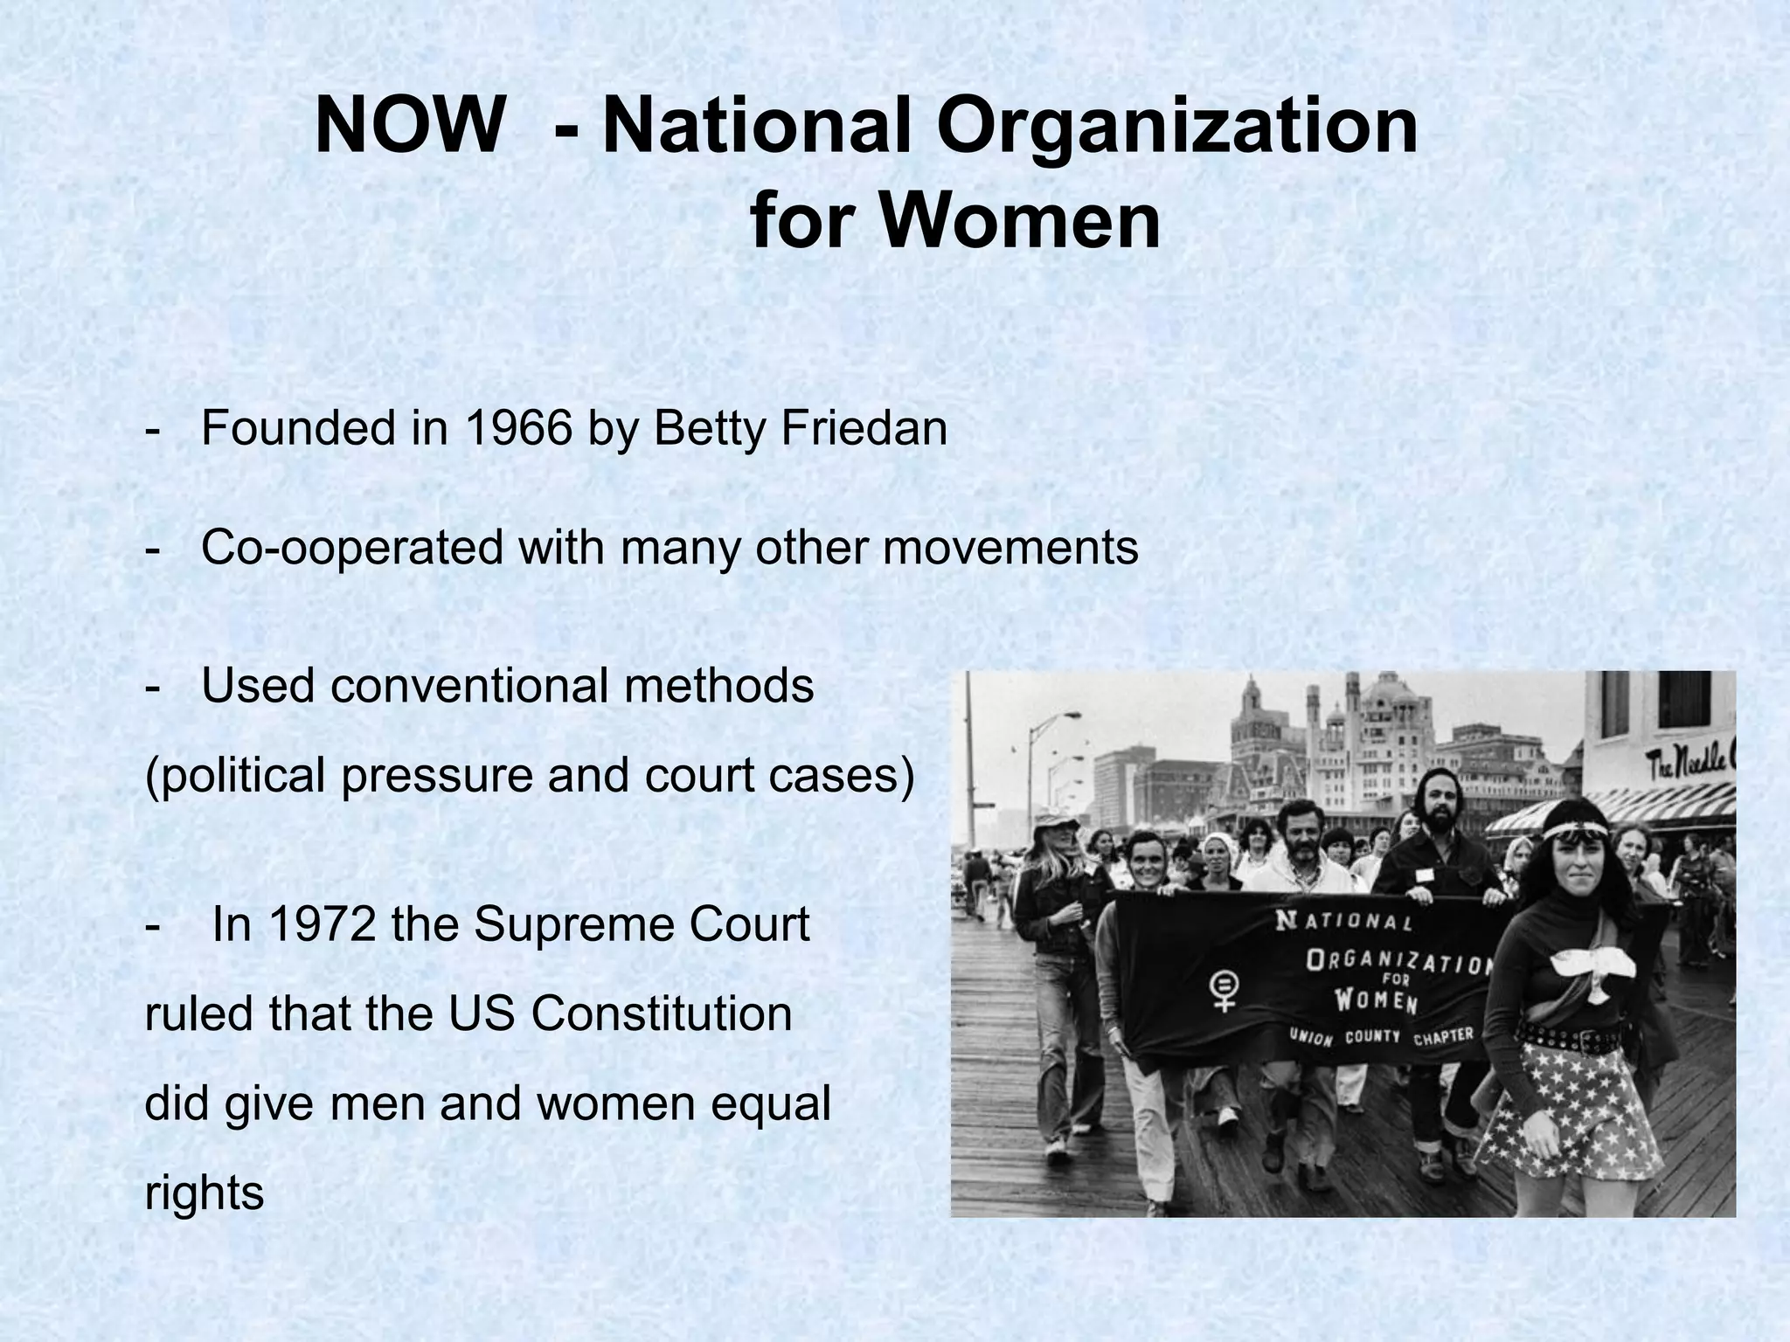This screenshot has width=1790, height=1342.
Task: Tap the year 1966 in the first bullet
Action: pyautogui.click(x=518, y=428)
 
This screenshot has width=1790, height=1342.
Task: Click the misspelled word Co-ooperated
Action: pyautogui.click(x=352, y=548)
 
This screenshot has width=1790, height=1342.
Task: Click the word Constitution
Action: pyautogui.click(x=662, y=1013)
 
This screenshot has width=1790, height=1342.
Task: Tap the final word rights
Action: pyautogui.click(x=204, y=1193)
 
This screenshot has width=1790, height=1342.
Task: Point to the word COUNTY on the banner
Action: pyautogui.click(x=1372, y=1037)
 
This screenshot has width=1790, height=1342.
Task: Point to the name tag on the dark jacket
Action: pyautogui.click(x=1425, y=873)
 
